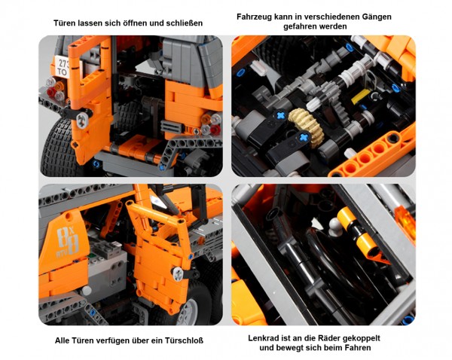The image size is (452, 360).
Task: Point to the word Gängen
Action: [x=377, y=17]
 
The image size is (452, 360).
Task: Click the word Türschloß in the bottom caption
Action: [x=184, y=340]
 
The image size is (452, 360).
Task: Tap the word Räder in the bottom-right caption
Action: [x=328, y=338]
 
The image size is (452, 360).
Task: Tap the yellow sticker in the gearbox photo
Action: [x=361, y=96]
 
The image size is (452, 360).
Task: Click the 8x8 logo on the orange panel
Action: [x=68, y=241]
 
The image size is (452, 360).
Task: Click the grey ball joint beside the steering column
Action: [x=334, y=224]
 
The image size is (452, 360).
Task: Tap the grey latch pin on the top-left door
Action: [x=82, y=121]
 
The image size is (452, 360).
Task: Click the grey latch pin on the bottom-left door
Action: [x=177, y=274]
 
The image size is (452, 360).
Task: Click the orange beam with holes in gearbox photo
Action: [x=372, y=153]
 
